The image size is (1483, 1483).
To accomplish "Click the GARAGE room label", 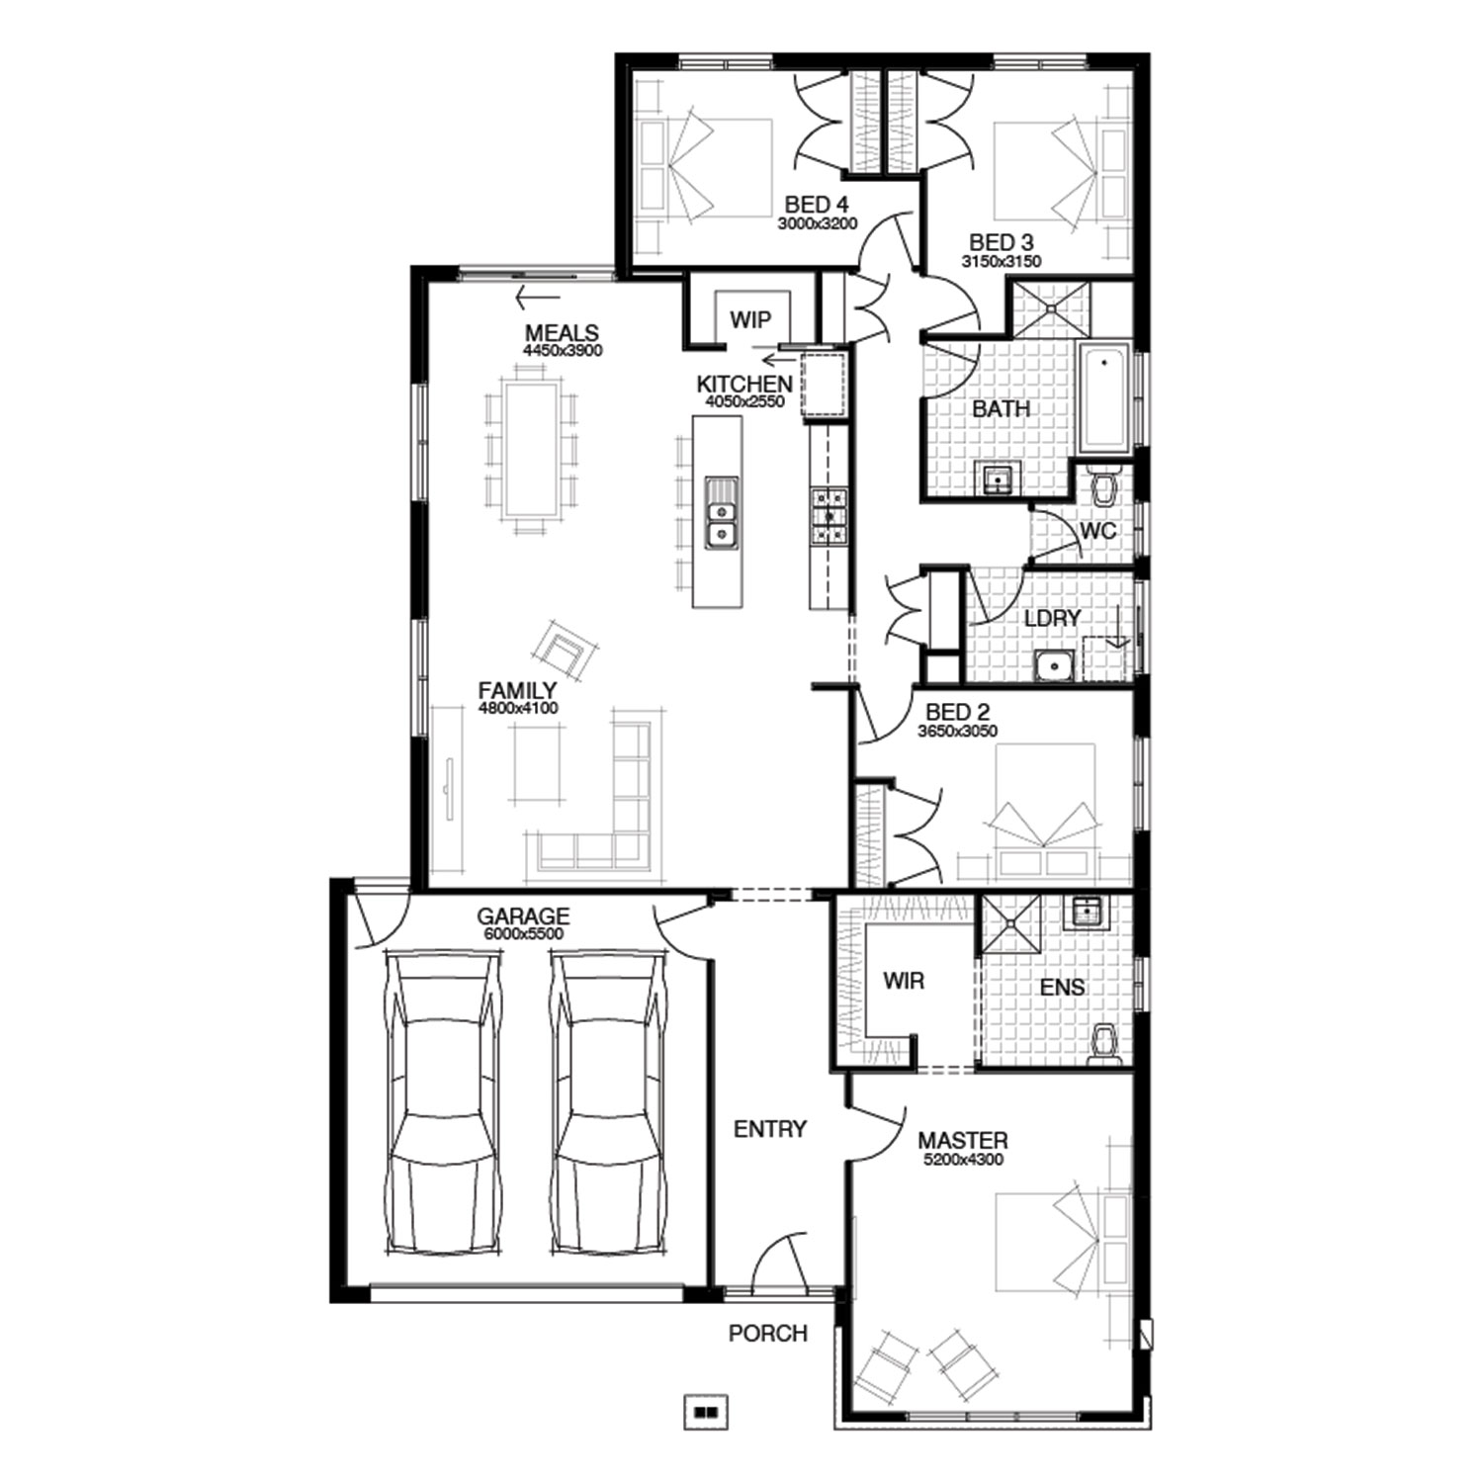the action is click(523, 916).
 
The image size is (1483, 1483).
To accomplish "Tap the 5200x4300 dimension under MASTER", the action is click(963, 1159).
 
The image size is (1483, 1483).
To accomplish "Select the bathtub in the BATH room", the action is click(1105, 398).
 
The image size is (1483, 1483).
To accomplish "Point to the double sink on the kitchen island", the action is click(721, 513).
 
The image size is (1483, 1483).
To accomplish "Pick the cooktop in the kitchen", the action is click(829, 516).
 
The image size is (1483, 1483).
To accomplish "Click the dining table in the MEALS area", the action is click(533, 449).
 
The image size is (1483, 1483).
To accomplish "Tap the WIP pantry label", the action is click(750, 319).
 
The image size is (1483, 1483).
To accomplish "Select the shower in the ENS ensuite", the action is click(1011, 923).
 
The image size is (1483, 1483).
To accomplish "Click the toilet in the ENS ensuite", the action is click(1103, 1044).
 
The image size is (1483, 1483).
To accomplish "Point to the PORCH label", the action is click(768, 1334).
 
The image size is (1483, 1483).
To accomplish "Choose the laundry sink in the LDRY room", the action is click(1055, 666).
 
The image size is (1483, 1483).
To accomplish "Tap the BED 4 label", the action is click(817, 205).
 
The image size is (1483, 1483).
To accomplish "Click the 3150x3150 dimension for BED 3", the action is click(1002, 262).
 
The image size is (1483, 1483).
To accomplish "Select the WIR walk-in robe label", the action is click(904, 982).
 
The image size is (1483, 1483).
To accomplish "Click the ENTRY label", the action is click(770, 1129).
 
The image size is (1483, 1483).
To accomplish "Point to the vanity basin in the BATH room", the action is click(998, 480).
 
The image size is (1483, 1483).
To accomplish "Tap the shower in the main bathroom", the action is click(1048, 308).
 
